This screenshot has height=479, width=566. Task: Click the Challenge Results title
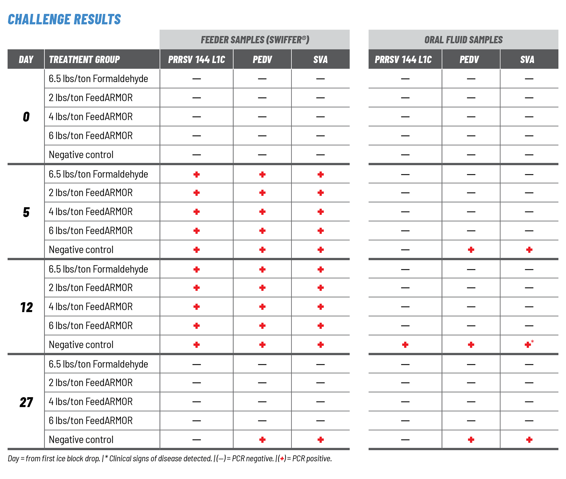click(x=64, y=19)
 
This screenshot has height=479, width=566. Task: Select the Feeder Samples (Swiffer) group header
click(x=255, y=40)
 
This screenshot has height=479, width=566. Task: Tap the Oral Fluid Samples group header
click(x=463, y=40)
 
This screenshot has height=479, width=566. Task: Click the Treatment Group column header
click(x=84, y=59)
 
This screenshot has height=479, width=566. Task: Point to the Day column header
click(x=26, y=59)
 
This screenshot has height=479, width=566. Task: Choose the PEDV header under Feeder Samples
click(x=262, y=59)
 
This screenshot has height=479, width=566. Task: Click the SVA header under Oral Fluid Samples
click(x=527, y=59)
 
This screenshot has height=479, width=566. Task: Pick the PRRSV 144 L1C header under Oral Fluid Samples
click(x=403, y=59)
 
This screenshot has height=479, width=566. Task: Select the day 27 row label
click(x=26, y=402)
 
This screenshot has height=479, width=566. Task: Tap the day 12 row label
click(x=26, y=307)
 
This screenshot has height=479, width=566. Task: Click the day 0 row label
click(x=26, y=117)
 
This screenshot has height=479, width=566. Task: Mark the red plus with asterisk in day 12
click(x=528, y=345)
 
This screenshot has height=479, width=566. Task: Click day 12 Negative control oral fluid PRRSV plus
click(x=405, y=345)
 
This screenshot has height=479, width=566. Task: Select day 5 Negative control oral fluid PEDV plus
click(x=471, y=250)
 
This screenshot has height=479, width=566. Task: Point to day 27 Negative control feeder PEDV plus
click(x=262, y=440)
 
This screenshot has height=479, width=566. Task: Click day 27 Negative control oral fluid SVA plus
click(x=529, y=440)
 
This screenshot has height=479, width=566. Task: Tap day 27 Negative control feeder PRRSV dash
click(x=197, y=440)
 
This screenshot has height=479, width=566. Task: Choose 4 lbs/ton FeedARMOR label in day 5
click(x=91, y=212)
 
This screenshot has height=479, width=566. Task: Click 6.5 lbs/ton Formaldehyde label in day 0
click(x=98, y=79)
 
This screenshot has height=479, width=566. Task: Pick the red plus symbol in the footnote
click(x=282, y=459)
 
